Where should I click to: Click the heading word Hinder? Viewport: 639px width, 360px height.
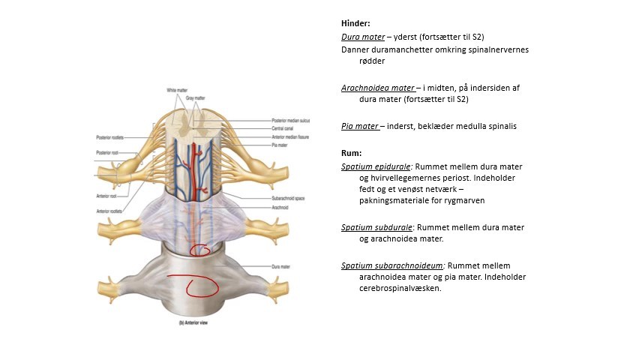tap(356, 23)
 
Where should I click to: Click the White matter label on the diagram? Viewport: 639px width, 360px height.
tap(177, 90)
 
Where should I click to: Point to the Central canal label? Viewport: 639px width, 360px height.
tap(283, 128)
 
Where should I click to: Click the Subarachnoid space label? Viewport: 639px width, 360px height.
tap(287, 198)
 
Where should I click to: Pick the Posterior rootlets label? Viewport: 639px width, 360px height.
tap(109, 137)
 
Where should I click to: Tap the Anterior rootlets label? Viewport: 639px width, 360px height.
tap(109, 211)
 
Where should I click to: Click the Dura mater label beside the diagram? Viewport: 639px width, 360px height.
tap(280, 266)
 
